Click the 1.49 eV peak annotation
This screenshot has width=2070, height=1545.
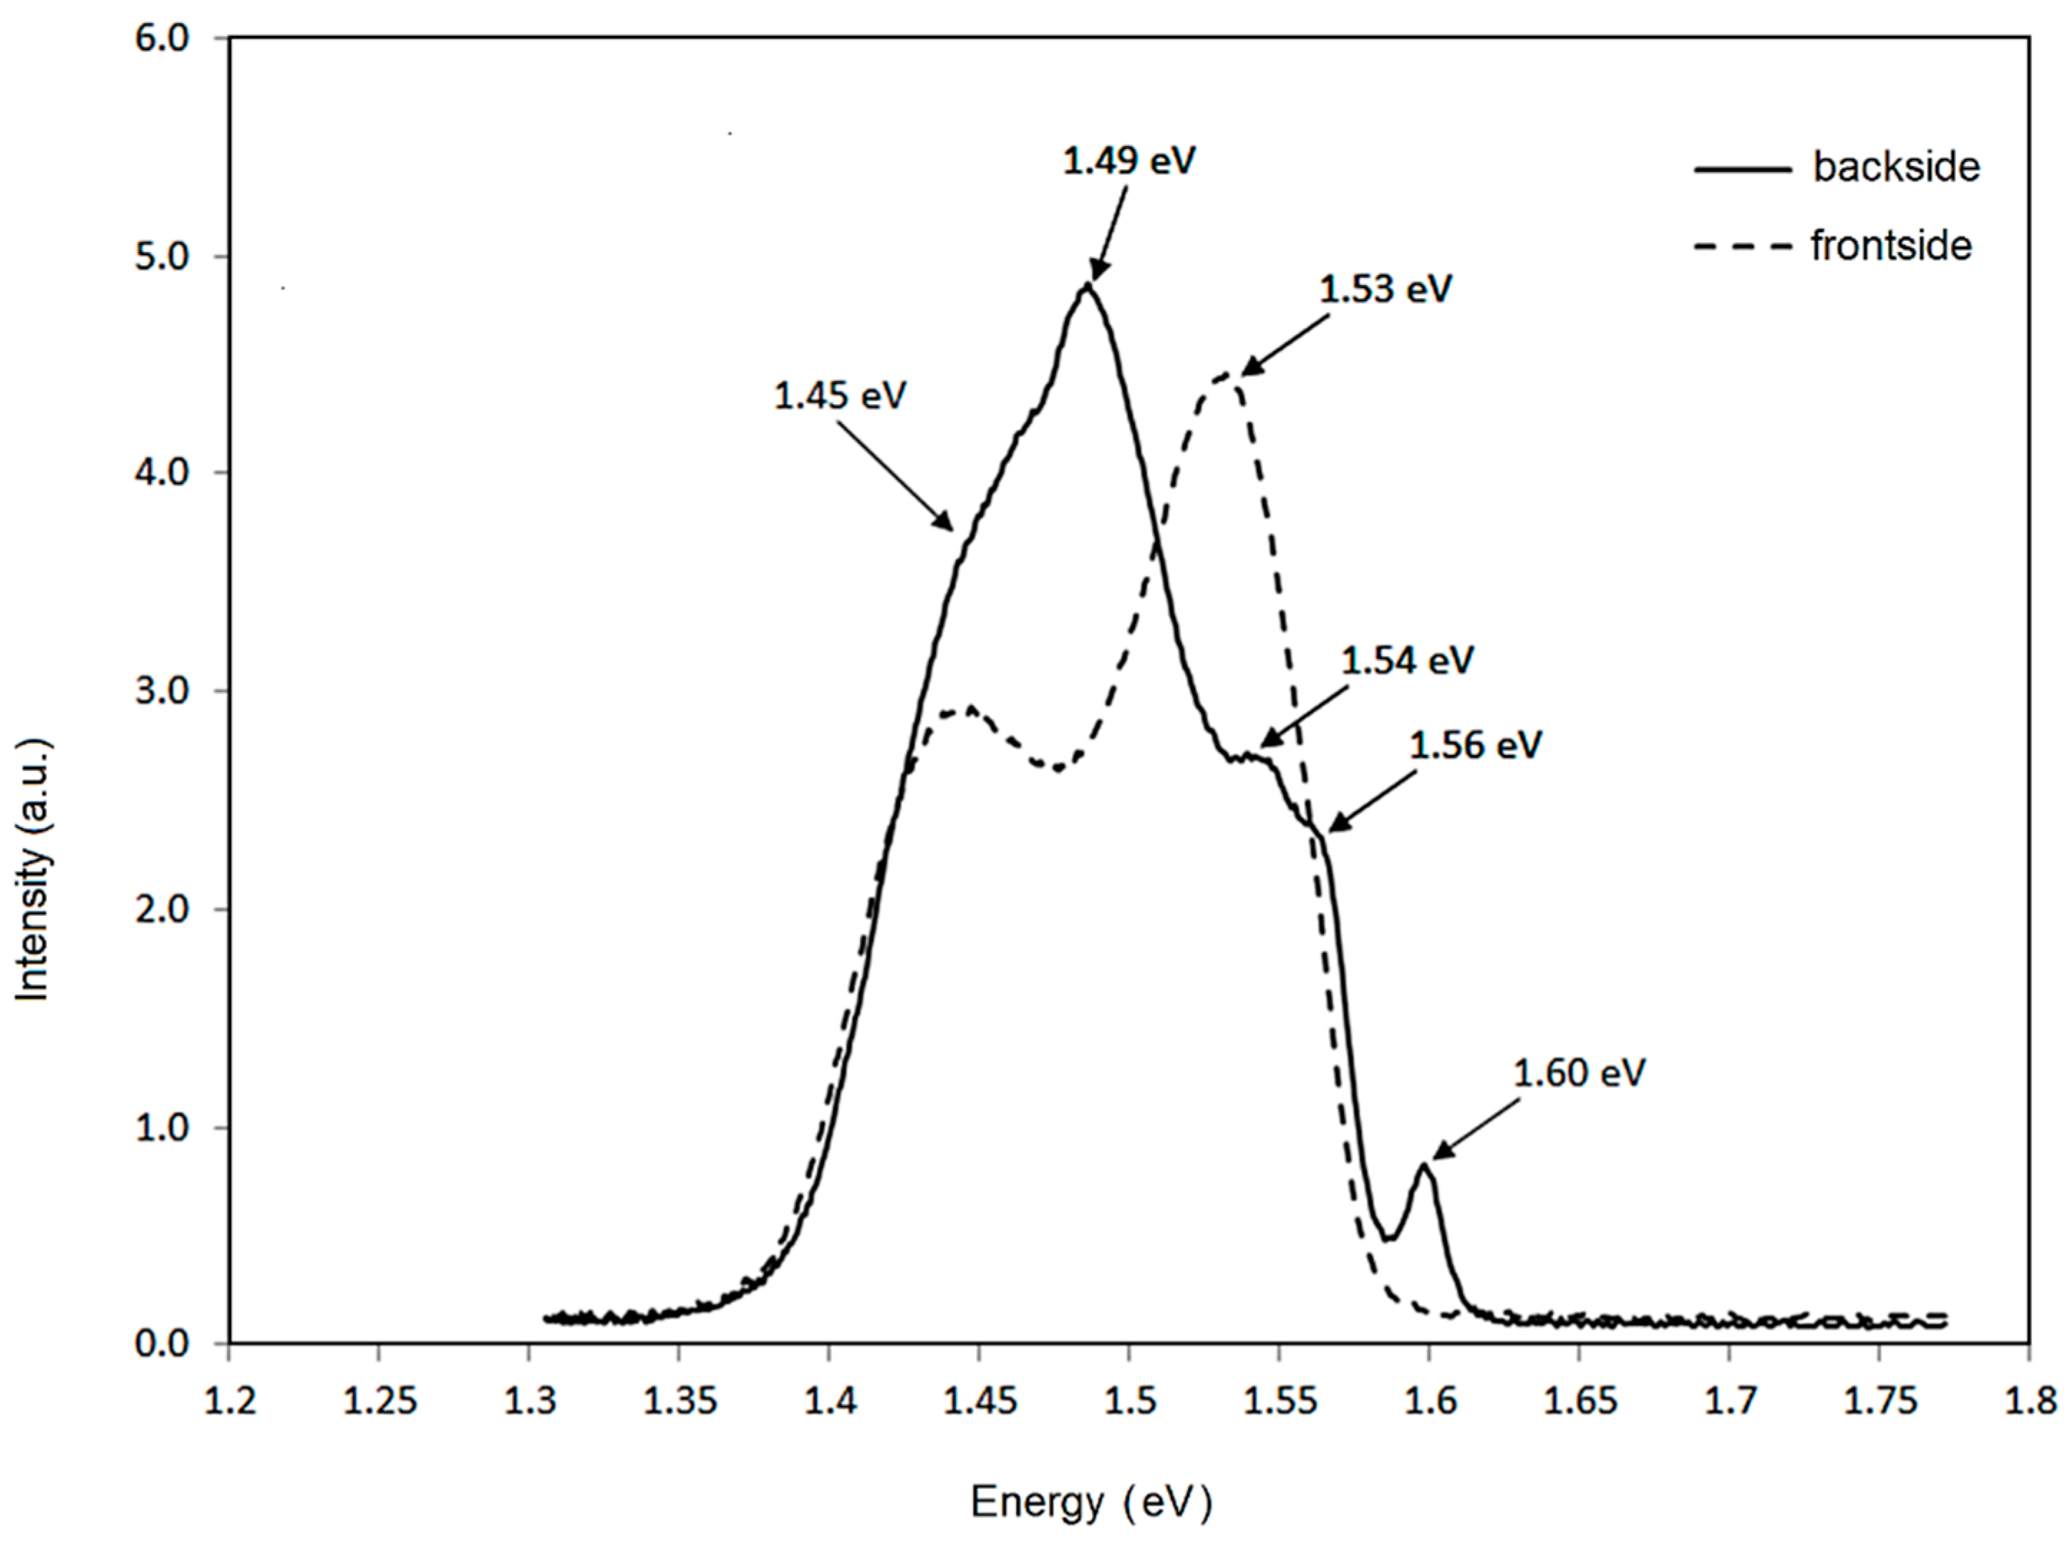coord(1128,162)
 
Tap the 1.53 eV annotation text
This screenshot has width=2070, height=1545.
coord(1385,289)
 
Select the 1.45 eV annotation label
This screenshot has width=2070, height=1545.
coord(840,395)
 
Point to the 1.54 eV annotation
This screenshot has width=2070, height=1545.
coord(1407,661)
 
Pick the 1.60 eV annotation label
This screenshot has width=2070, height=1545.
coord(1579,1074)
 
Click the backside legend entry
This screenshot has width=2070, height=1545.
coord(1895,168)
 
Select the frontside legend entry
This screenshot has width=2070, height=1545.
coord(1890,246)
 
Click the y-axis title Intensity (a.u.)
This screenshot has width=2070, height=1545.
coord(33,870)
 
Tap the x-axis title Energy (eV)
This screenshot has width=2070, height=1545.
coord(1090,1503)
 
